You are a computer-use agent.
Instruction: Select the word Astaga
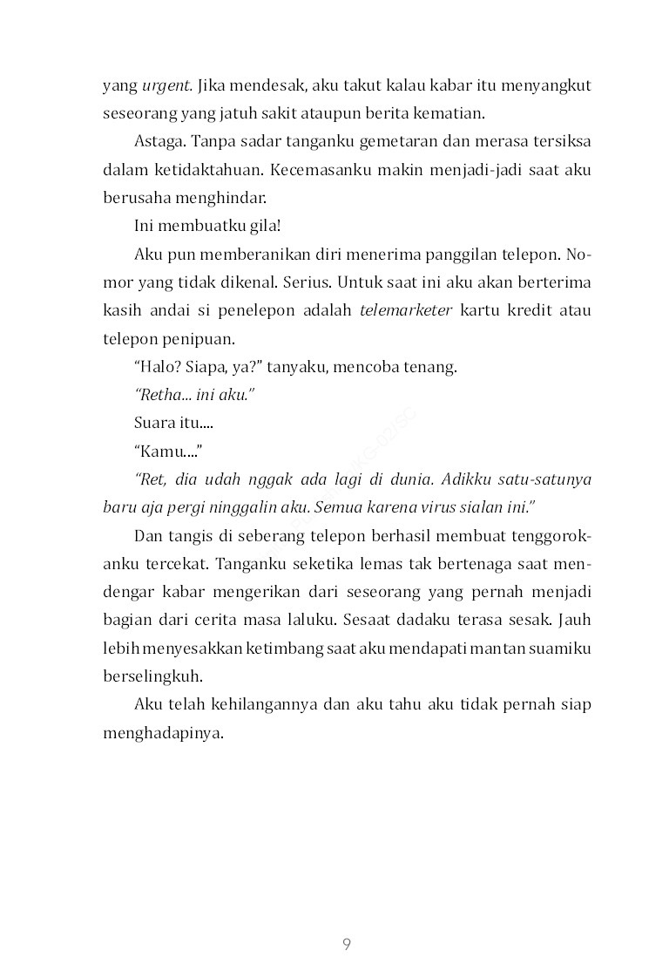(159, 142)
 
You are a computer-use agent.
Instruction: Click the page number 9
(347, 945)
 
